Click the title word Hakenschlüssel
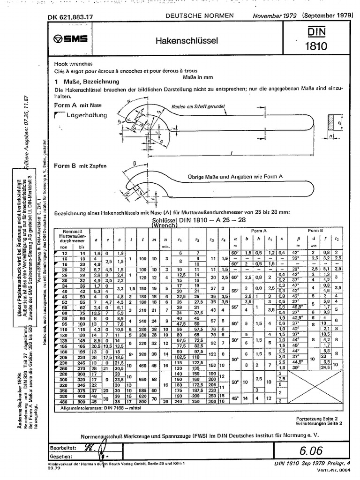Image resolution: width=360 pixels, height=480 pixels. tap(187, 41)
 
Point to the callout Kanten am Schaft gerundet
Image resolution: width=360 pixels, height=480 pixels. tap(199, 106)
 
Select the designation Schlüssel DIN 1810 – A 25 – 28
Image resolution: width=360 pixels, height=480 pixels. tap(193, 220)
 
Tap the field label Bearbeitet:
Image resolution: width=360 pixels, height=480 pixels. tap(63, 448)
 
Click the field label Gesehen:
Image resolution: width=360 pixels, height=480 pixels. tap(62, 456)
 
